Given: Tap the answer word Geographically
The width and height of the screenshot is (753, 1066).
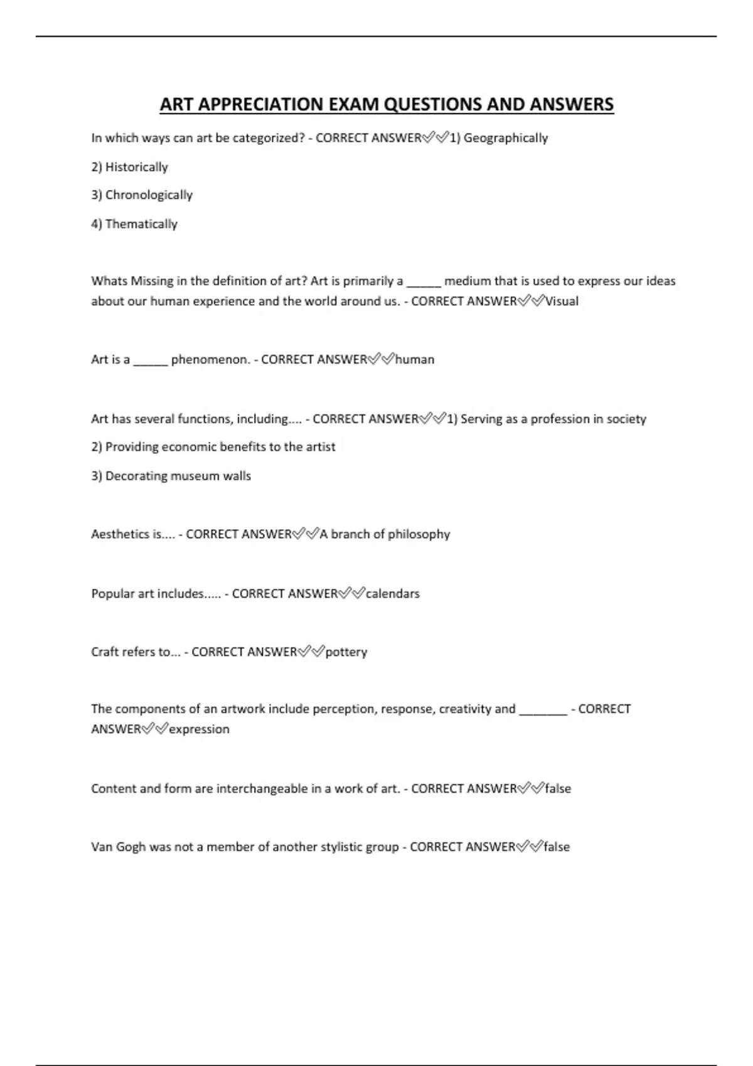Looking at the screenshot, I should pyautogui.click(x=505, y=138).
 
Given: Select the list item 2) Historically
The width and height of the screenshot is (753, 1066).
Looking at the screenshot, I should pyautogui.click(x=129, y=167).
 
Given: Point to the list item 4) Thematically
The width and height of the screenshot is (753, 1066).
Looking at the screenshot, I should pyautogui.click(x=134, y=224).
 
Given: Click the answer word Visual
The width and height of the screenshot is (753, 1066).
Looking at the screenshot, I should pyautogui.click(x=562, y=301).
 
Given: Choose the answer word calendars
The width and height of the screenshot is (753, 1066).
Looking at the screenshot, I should pyautogui.click(x=392, y=593).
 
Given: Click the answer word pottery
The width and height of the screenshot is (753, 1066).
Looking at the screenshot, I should pyautogui.click(x=346, y=652).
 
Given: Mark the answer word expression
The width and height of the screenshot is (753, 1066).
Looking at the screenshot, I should pyautogui.click(x=199, y=729).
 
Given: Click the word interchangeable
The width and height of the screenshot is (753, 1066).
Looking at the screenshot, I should pyautogui.click(x=262, y=788).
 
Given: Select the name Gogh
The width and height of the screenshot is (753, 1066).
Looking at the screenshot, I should pyautogui.click(x=131, y=847).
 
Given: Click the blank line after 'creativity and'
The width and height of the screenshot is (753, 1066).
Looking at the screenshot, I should pyautogui.click(x=543, y=712).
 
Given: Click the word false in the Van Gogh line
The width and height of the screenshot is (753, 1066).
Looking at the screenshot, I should pyautogui.click(x=557, y=847).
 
